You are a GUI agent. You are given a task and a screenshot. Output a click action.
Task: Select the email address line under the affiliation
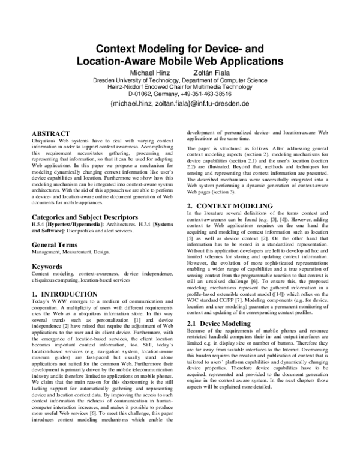pyautogui.click(x=179, y=104)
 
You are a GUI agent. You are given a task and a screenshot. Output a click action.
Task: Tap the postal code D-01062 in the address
pyautogui.click(x=142, y=94)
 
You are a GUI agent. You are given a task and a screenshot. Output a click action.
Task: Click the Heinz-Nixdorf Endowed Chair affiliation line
pyautogui.click(x=180, y=87)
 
